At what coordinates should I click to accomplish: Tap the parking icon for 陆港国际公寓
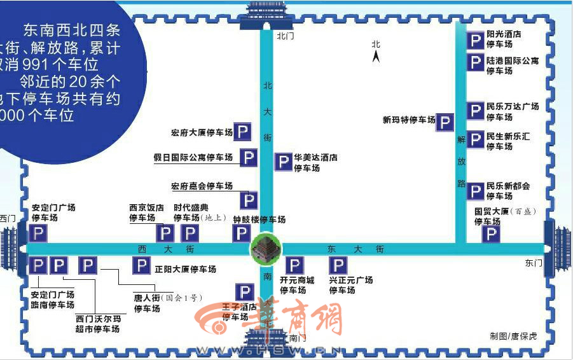475,62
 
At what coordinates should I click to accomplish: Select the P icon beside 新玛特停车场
445,123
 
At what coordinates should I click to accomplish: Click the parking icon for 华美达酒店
283,162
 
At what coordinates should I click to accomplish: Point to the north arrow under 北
376,57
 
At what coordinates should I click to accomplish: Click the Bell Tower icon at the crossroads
266,248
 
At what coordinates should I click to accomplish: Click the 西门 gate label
8,219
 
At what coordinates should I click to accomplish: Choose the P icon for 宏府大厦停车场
242,132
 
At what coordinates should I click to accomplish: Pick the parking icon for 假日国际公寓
249,158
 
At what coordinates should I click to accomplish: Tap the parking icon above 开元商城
294,265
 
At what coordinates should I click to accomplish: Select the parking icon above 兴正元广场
338,265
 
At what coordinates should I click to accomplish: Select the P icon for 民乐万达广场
475,111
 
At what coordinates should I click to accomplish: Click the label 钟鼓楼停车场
259,219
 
